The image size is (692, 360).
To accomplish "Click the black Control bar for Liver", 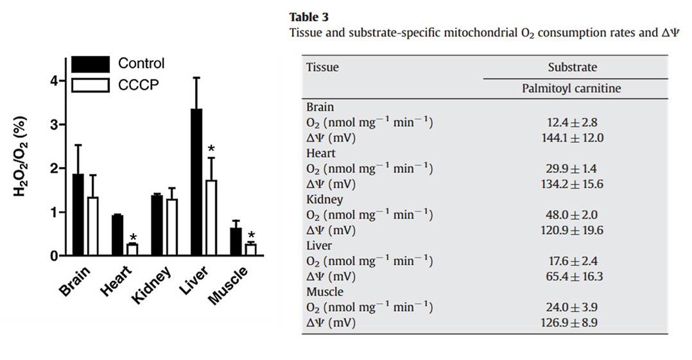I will (196, 183).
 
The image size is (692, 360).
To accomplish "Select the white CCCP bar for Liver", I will (211, 218).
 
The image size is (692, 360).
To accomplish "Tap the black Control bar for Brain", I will (78, 216).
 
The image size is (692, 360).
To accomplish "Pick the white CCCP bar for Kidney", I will (171, 227).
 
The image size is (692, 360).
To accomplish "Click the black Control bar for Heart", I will (117, 236).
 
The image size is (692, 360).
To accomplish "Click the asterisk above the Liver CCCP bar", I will (211, 150).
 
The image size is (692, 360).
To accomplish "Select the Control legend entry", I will (141, 64).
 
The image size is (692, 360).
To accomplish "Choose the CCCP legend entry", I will (137, 85).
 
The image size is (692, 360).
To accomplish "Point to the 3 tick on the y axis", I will (54, 124).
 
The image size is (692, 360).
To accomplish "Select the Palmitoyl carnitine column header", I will (571, 89).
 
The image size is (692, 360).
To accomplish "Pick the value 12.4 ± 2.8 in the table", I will (571, 122).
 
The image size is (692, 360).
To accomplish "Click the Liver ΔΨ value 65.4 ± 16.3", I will (571, 277).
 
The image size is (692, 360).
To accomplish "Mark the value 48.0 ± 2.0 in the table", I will (571, 215).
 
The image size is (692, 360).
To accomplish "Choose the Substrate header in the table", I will (572, 67).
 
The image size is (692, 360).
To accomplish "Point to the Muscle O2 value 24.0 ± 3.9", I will (571, 307).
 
